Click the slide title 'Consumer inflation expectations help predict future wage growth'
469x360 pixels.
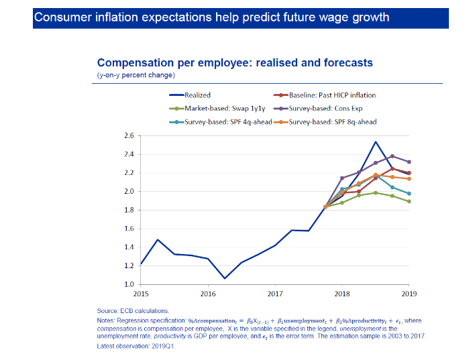(x=211, y=17)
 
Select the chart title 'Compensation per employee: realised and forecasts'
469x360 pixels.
(x=235, y=63)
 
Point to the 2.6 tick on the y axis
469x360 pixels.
(x=129, y=135)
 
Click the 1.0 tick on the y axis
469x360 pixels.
(x=129, y=284)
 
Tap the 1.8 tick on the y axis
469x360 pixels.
(x=129, y=210)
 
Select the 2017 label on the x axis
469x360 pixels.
(x=274, y=294)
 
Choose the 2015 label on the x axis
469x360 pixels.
(x=141, y=294)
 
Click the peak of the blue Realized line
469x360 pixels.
(x=376, y=142)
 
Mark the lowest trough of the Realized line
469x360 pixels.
(x=225, y=278)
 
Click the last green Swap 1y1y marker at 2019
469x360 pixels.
(x=409, y=201)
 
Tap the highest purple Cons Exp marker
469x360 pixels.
(x=393, y=156)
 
